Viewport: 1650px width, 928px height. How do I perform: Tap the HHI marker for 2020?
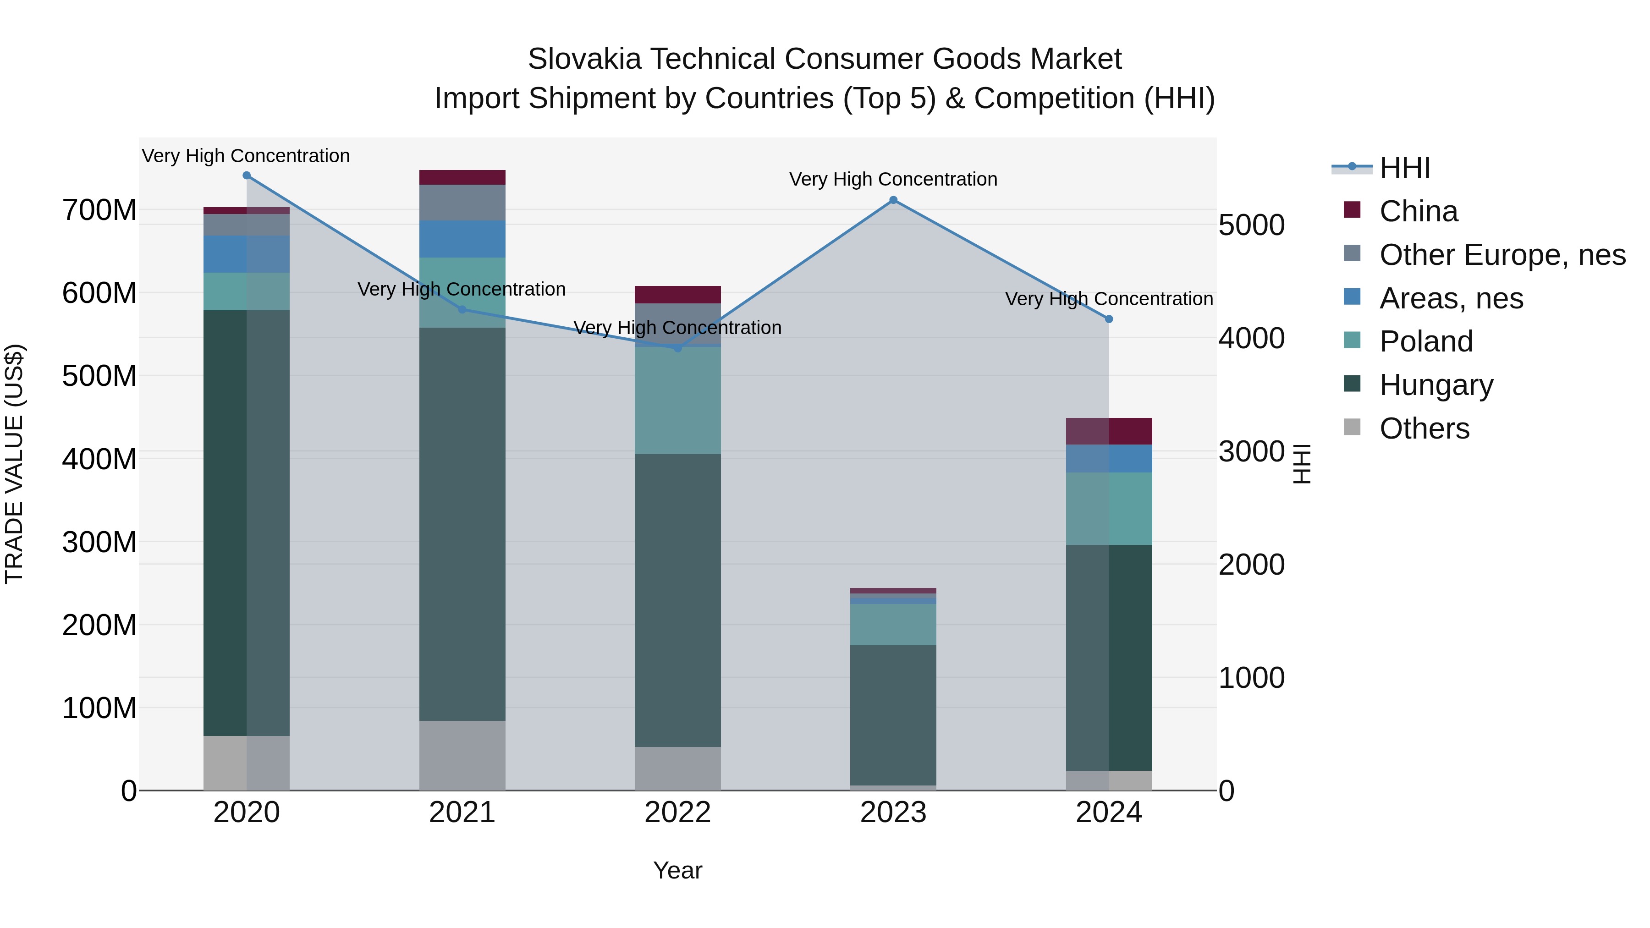247,176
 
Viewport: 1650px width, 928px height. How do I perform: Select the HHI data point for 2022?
678,348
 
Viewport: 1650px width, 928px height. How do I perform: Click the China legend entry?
1418,211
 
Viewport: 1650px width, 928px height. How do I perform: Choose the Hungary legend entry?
1436,385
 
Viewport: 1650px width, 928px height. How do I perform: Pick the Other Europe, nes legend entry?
1502,255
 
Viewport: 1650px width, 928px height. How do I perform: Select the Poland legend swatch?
1352,340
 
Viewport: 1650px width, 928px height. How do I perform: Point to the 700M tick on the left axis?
99,210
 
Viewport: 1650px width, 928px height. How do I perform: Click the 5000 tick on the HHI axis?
1251,225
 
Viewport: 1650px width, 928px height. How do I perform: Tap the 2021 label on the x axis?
462,813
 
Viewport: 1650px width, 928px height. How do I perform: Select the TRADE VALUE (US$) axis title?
15,464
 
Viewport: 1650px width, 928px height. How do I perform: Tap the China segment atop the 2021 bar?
462,177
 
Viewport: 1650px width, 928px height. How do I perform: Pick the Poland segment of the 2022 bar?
678,400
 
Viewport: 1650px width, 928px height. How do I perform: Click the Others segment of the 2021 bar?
462,755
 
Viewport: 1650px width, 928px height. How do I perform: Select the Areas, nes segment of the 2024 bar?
1109,459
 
